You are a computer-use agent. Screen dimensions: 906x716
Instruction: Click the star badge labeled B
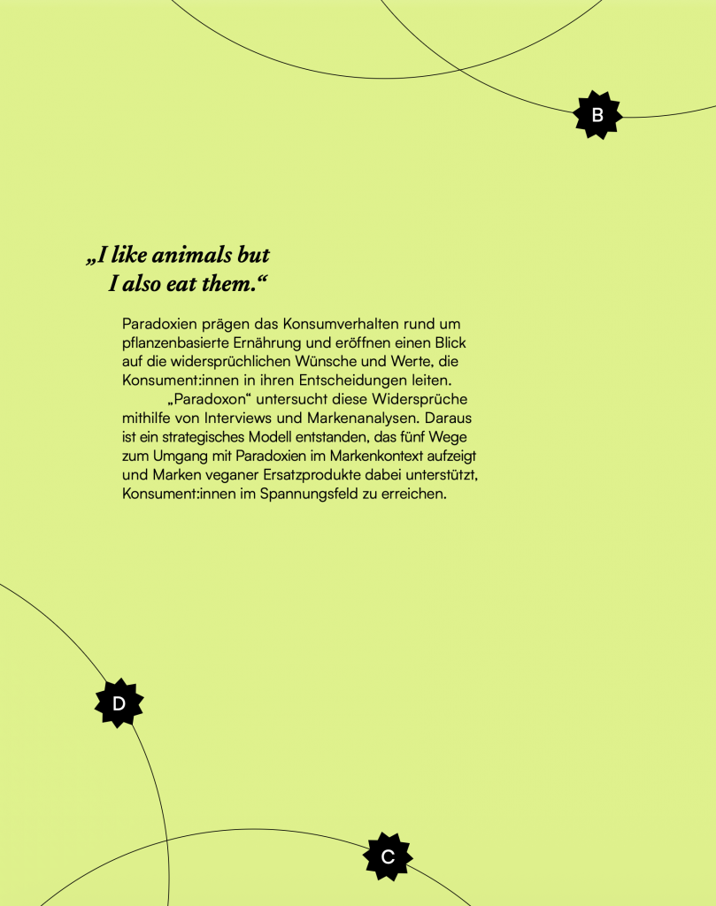tap(597, 115)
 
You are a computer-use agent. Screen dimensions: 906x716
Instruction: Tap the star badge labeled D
tap(119, 703)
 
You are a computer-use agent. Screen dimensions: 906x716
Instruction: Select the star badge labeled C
tap(388, 856)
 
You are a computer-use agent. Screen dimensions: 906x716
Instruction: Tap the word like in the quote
tap(129, 256)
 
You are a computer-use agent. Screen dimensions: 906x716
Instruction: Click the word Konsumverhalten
tap(343, 325)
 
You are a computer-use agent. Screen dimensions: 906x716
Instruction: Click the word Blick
tap(448, 343)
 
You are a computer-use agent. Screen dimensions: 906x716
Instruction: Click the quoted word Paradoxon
tap(208, 399)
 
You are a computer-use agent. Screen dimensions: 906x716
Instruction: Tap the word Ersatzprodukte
tap(307, 475)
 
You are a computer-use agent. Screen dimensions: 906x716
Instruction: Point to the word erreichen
tap(415, 494)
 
